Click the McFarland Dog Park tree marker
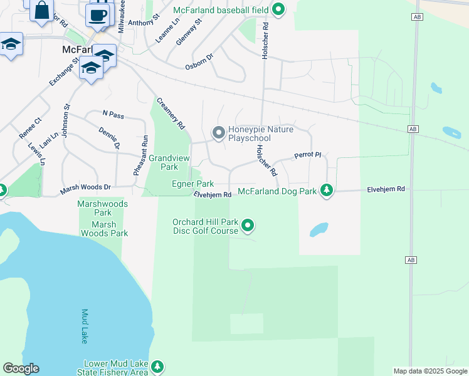point(326,190)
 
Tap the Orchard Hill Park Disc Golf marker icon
point(248,224)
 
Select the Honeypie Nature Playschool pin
point(218,132)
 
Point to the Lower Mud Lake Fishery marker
point(157,366)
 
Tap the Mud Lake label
point(84,326)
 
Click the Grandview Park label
point(169,163)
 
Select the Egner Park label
point(193,184)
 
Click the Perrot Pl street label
point(307,155)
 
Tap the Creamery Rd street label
point(171,113)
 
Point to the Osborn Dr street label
point(199,61)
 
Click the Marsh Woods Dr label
point(85,187)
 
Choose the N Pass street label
point(113,114)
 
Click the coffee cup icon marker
point(98,15)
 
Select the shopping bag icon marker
point(41,11)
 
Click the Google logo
point(21,368)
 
